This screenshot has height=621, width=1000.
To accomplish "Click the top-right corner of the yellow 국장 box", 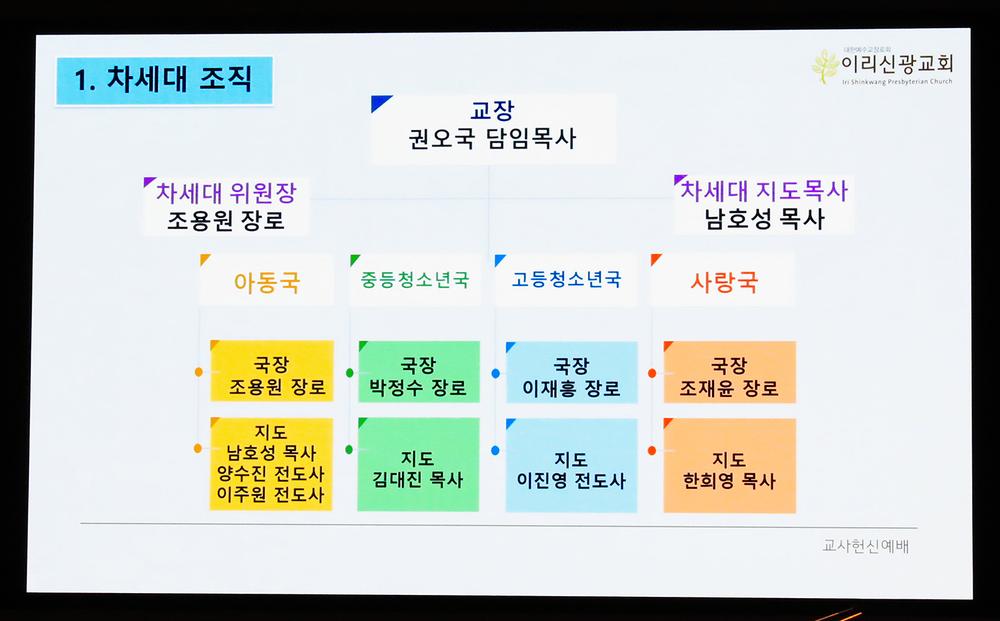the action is [333, 341].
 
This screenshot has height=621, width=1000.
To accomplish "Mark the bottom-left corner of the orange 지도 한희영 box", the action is [664, 512].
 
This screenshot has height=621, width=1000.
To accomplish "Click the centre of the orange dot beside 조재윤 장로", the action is [652, 373].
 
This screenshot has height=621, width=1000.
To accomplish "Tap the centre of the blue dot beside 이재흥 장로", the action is [495, 373].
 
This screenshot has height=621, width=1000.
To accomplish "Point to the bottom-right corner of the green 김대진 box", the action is [479, 511].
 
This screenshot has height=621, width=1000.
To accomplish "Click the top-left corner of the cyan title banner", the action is [56, 58].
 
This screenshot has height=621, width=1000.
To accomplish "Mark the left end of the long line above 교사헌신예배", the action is [81, 523].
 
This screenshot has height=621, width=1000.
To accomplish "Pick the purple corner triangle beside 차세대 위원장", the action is [148, 181].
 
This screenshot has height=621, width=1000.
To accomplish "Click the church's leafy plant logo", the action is [826, 66].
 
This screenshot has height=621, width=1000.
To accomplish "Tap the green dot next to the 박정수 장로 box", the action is [349, 373].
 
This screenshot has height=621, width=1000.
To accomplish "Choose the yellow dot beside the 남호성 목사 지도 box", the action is [198, 448].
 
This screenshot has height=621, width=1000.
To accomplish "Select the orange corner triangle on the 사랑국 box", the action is [655, 259].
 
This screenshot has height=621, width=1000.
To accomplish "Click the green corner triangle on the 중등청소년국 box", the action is [354, 260].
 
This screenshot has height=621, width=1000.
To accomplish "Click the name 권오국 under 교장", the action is [441, 139].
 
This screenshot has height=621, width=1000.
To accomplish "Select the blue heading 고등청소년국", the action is [567, 279].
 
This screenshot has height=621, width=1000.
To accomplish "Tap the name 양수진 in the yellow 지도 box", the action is [241, 474].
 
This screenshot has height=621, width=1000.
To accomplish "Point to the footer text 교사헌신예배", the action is [866, 546].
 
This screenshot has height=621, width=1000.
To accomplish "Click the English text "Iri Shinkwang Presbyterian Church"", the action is [898, 82].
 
